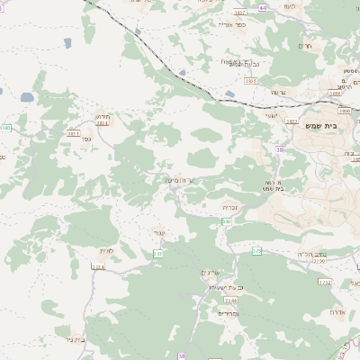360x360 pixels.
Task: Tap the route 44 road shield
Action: pyautogui.click(x=263, y=7)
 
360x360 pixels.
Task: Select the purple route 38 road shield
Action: pyautogui.click(x=280, y=149)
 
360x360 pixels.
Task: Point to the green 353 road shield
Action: pyautogui.click(x=158, y=255)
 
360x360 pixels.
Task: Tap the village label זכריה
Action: pyautogui.click(x=230, y=207)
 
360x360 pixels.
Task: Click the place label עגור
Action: pyautogui.click(x=159, y=233)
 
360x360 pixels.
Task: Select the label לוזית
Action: pyautogui.click(x=104, y=251)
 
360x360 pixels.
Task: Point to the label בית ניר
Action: pyautogui.click(x=81, y=340)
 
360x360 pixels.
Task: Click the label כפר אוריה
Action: pyautogui.click(x=231, y=25)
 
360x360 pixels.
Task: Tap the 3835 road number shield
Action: pyautogui.click(x=249, y=81)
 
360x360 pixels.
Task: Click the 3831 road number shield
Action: pyautogui.click(x=73, y=133)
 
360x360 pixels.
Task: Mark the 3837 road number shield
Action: pyautogui.click(x=238, y=13)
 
